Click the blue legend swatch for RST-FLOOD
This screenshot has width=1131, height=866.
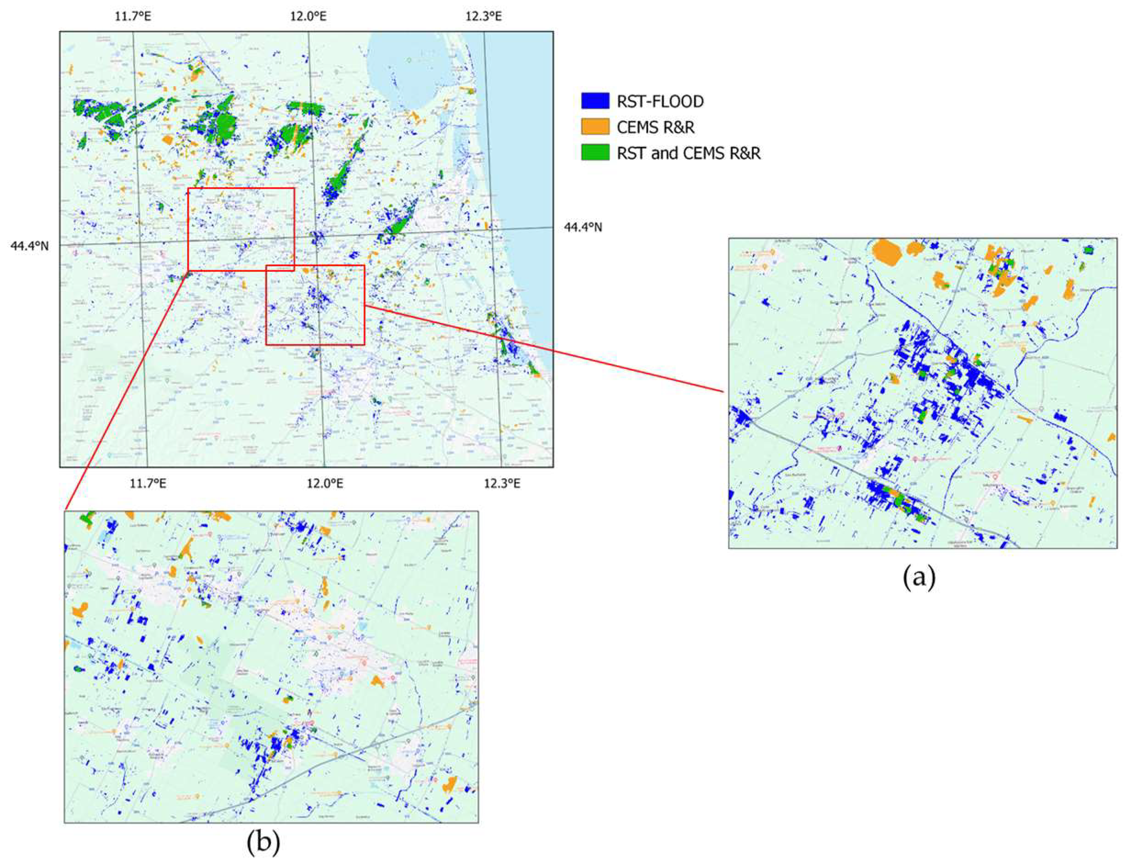[x=595, y=101]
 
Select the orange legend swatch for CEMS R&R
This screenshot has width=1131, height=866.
[x=595, y=127]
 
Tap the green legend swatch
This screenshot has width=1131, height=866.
[x=595, y=152]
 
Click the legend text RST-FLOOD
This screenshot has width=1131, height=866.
[x=660, y=101]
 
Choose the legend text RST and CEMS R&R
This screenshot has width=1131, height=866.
[x=688, y=153]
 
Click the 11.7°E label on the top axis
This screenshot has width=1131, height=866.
[x=133, y=16]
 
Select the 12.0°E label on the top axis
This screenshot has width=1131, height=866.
[x=308, y=16]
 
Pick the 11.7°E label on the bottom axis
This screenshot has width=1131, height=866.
[x=148, y=484]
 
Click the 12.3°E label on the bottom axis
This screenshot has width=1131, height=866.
[x=502, y=484]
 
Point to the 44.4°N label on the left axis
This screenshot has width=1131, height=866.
[x=29, y=246]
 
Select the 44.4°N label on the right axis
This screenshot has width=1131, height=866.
[x=583, y=227]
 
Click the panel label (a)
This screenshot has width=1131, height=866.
[x=919, y=578]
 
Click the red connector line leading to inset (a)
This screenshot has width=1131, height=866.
[x=541, y=348]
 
